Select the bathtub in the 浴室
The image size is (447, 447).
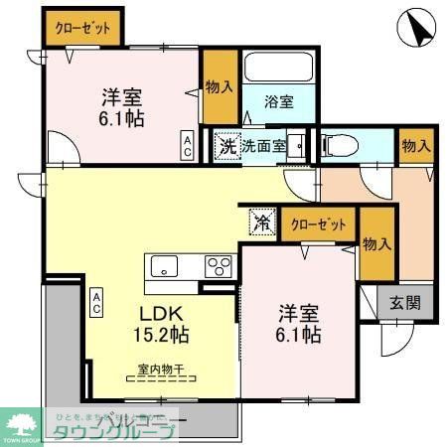(278, 71)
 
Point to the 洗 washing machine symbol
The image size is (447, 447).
(227, 146)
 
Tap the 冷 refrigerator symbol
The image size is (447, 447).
(260, 221)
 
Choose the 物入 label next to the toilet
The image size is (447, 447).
(416, 146)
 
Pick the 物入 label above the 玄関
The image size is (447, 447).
(376, 245)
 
